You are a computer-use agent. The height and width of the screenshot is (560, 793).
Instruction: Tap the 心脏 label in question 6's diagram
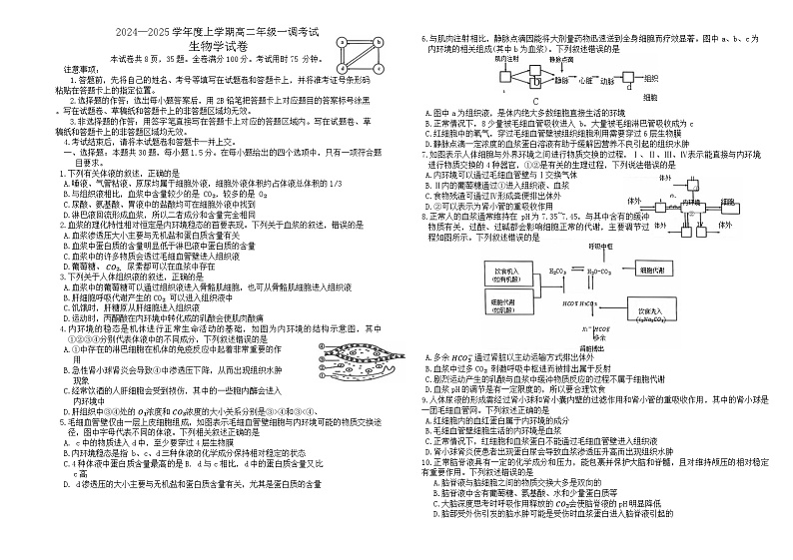(x=586, y=79)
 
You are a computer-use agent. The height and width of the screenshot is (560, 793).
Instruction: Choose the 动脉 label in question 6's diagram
(x=608, y=79)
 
